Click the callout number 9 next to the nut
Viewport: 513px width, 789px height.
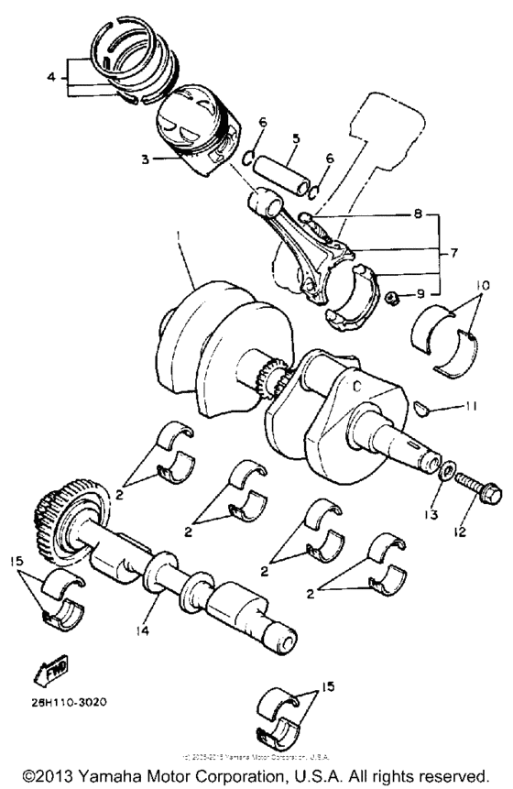click(420, 295)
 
